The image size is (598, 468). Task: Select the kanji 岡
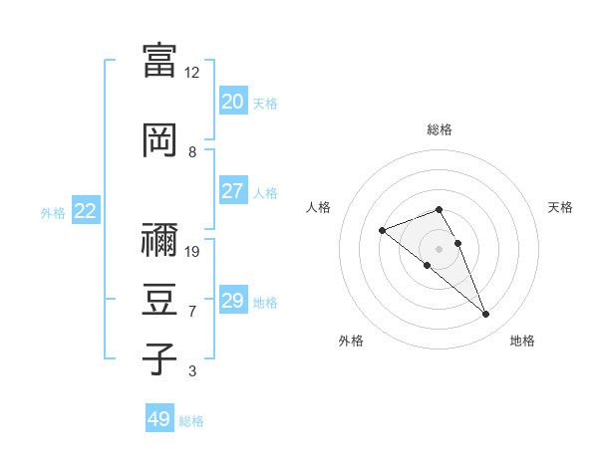(x=159, y=140)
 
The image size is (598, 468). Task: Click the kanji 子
(x=159, y=357)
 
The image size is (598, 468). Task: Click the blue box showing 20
(x=233, y=102)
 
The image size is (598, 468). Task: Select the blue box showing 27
(x=233, y=191)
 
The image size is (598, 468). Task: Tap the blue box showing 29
(x=233, y=301)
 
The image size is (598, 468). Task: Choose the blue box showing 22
(x=86, y=211)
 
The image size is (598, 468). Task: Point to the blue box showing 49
(x=159, y=419)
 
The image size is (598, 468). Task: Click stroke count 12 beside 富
(x=192, y=73)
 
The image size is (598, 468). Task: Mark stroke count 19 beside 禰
(x=192, y=252)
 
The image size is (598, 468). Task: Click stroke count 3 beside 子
(x=192, y=371)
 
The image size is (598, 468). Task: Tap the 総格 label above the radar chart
(x=439, y=129)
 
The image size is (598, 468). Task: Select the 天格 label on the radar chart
(x=560, y=207)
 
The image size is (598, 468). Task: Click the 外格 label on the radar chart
(x=351, y=341)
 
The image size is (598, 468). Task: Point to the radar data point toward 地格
(x=485, y=315)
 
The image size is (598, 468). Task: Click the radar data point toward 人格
(x=382, y=231)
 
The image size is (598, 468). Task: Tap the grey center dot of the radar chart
(x=439, y=249)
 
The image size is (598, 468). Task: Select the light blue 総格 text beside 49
(x=191, y=421)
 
